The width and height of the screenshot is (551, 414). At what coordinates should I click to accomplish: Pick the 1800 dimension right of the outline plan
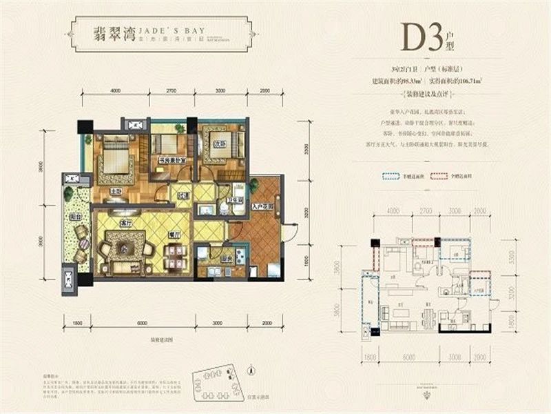point(510,321)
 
